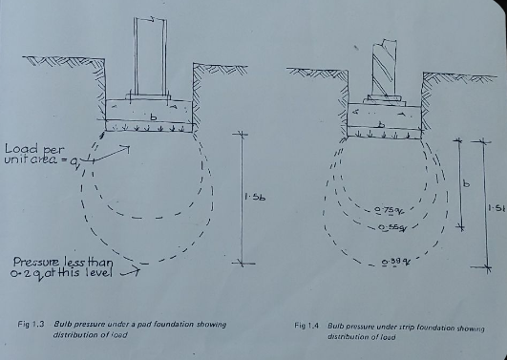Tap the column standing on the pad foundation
click(x=149, y=57)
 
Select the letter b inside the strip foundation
click(x=382, y=124)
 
